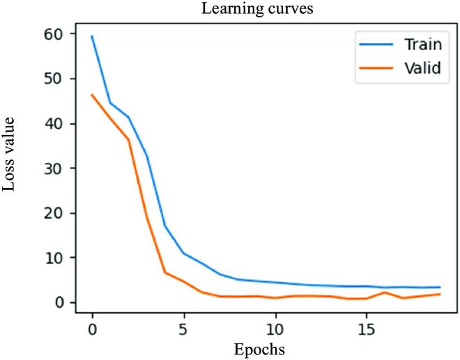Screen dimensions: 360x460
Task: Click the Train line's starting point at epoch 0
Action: point(92,37)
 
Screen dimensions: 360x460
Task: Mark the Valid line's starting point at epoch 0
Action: point(92,95)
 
